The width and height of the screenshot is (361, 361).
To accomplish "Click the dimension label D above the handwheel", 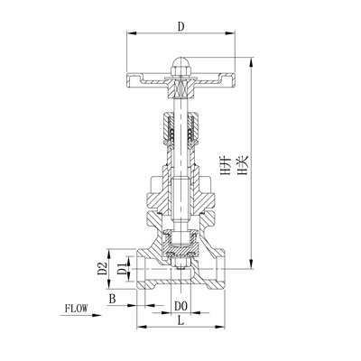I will click(180, 27).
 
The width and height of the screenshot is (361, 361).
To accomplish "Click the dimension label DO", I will click(180, 307).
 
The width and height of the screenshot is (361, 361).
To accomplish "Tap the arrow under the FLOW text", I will click(76, 319).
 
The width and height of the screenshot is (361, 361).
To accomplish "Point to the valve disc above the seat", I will click(180, 241).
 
